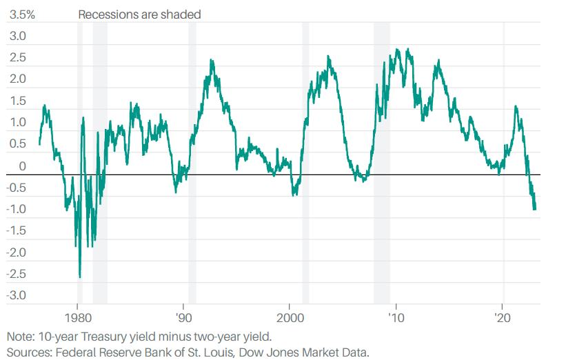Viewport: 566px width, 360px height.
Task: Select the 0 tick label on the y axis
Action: pyautogui.click(x=22, y=166)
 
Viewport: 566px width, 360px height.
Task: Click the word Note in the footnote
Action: pyautogui.click(x=19, y=337)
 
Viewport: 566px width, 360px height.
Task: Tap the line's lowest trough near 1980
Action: pyautogui.click(x=80, y=277)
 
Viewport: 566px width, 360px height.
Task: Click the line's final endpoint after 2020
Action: pyautogui.click(x=535, y=208)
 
